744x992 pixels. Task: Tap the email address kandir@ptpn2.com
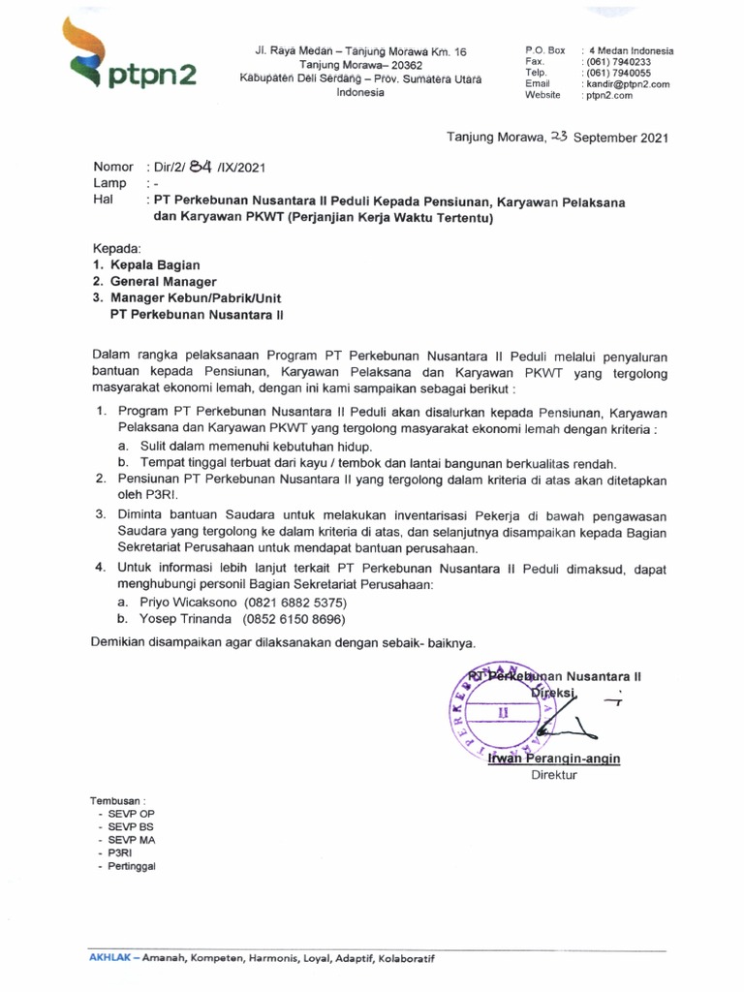coord(626,84)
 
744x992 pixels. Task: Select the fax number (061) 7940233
coord(617,62)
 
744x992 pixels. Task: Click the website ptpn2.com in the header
coord(607,96)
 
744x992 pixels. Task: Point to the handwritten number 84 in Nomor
coord(201,166)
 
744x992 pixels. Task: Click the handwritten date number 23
coord(559,137)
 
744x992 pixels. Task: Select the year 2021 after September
coord(649,138)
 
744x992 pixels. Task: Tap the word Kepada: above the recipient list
coord(117,248)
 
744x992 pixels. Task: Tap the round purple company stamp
coord(503,713)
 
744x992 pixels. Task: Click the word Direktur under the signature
coord(554,776)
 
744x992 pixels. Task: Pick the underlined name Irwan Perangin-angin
coord(555,759)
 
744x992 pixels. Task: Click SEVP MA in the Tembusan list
coord(132,840)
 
